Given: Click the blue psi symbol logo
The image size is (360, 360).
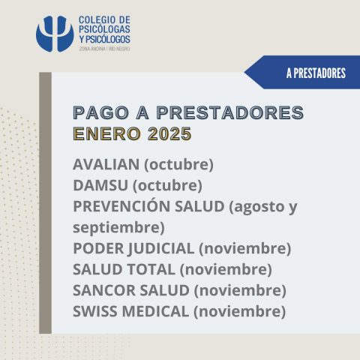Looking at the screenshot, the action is pyautogui.click(x=55, y=34).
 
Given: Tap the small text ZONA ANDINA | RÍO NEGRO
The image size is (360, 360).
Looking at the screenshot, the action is pyautogui.click(x=104, y=49).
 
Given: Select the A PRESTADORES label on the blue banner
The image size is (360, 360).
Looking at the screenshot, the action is pyautogui.click(x=316, y=73).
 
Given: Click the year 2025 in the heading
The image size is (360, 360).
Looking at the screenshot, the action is pyautogui.click(x=169, y=133).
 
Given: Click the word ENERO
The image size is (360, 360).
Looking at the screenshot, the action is pyautogui.click(x=106, y=133).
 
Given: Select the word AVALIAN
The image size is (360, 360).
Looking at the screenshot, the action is pyautogui.click(x=106, y=164).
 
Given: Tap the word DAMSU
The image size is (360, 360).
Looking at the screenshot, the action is pyautogui.click(x=100, y=185).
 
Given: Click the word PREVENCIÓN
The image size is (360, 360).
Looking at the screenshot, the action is pyautogui.click(x=121, y=206).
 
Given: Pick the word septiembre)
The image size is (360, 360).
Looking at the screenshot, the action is pyautogui.click(x=118, y=228).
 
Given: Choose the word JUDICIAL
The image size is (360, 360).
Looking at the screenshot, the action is pyautogui.click(x=161, y=248).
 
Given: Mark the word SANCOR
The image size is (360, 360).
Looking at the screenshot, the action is pyautogui.click(x=103, y=290).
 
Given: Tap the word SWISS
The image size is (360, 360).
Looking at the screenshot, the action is pyautogui.click(x=95, y=311).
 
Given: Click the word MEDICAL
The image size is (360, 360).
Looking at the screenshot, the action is pyautogui.click(x=155, y=311).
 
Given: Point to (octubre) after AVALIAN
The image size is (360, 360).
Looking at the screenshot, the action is pyautogui.click(x=179, y=165).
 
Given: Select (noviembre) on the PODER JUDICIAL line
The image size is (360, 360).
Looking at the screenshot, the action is pyautogui.click(x=245, y=249).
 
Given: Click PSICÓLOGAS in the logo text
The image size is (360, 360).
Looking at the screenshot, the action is pyautogui.click(x=104, y=29).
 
